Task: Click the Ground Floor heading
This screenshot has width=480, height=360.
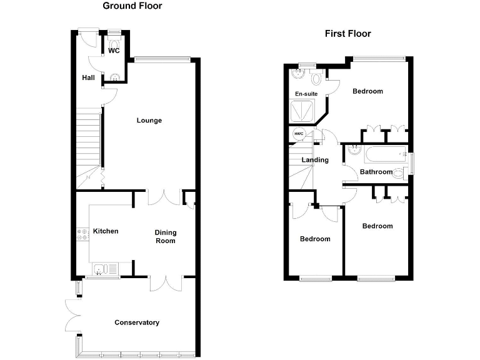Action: pyautogui.click(x=132, y=6)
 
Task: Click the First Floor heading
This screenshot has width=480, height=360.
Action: pyautogui.click(x=347, y=34)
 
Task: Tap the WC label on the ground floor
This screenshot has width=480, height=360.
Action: pyautogui.click(x=114, y=51)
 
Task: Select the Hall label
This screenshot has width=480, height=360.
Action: pyautogui.click(x=88, y=78)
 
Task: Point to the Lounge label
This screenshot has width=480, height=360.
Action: pyautogui.click(x=149, y=121)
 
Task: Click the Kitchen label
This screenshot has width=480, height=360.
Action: pyautogui.click(x=106, y=231)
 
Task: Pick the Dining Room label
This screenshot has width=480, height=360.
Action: pyautogui.click(x=166, y=236)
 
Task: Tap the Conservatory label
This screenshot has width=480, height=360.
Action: pyautogui.click(x=137, y=322)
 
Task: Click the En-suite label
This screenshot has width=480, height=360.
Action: pyautogui.click(x=306, y=94)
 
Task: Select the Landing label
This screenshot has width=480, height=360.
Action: pyautogui.click(x=315, y=160)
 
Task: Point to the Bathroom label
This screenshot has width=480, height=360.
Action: pyautogui.click(x=376, y=172)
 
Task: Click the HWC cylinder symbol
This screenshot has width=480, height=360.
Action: pyautogui.click(x=298, y=134)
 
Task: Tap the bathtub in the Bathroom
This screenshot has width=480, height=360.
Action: pyautogui.click(x=384, y=153)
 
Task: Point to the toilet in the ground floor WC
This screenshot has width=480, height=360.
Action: pyautogui.click(x=114, y=37)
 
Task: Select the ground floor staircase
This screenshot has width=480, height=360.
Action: pyautogui.click(x=87, y=144)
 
